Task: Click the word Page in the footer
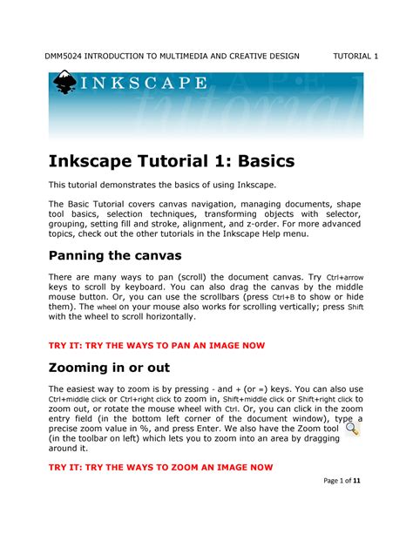328,506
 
